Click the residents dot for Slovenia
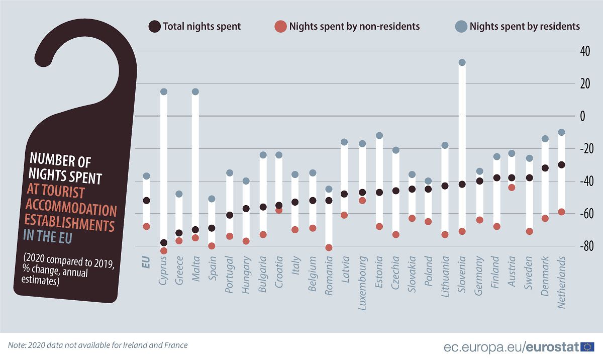(x=462, y=62)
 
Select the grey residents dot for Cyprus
(x=163, y=92)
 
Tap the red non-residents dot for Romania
(x=329, y=247)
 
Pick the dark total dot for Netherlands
(x=562, y=164)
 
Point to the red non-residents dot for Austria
(x=512, y=188)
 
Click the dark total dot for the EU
(x=146, y=200)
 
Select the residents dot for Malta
(x=195, y=92)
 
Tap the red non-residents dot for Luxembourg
(x=362, y=201)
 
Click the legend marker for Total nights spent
(x=154, y=26)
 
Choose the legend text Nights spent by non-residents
(x=354, y=26)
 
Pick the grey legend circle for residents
(x=461, y=26)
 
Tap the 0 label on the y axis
(x=583, y=116)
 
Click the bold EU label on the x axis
(x=146, y=263)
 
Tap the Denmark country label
(x=545, y=272)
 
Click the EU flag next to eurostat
(x=587, y=346)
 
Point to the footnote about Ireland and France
(x=98, y=345)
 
